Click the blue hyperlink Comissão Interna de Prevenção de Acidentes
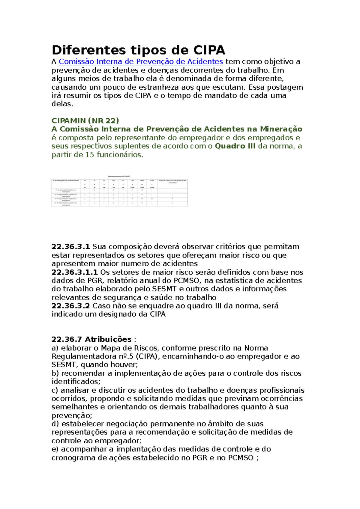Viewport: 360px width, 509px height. tap(141, 62)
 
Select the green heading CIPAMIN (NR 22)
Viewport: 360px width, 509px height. tap(85, 121)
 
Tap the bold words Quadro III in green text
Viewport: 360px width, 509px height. tap(235, 146)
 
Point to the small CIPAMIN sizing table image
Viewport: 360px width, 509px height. tap(119, 190)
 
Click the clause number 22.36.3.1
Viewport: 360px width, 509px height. tap(71, 247)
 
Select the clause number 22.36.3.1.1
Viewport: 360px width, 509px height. tap(75, 272)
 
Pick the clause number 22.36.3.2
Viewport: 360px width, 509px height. tap(71, 306)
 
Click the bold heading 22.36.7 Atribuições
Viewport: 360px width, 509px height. tap(91, 339)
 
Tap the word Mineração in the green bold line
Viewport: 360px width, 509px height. tap(281, 129)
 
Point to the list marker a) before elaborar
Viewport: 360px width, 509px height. tap(55, 348)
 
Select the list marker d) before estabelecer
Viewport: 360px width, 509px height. tap(55, 424)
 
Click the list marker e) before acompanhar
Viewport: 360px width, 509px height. tap(55, 449)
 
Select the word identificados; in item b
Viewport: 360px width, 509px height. tap(76, 382)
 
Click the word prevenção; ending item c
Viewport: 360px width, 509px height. tap(72, 416)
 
